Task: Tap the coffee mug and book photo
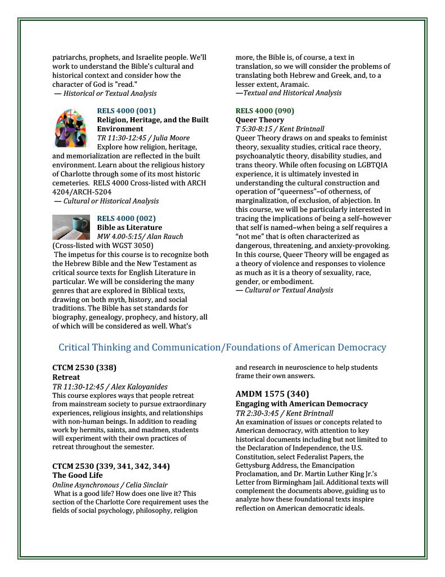70,227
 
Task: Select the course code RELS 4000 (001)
127,111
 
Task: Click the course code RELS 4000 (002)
127,219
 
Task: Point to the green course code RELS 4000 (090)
264,111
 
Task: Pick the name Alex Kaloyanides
139,387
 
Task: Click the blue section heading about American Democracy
222,348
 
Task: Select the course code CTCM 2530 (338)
84,368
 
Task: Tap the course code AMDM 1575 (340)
272,394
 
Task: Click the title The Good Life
78,476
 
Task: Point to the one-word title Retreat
66,378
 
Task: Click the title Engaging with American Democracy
302,404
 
